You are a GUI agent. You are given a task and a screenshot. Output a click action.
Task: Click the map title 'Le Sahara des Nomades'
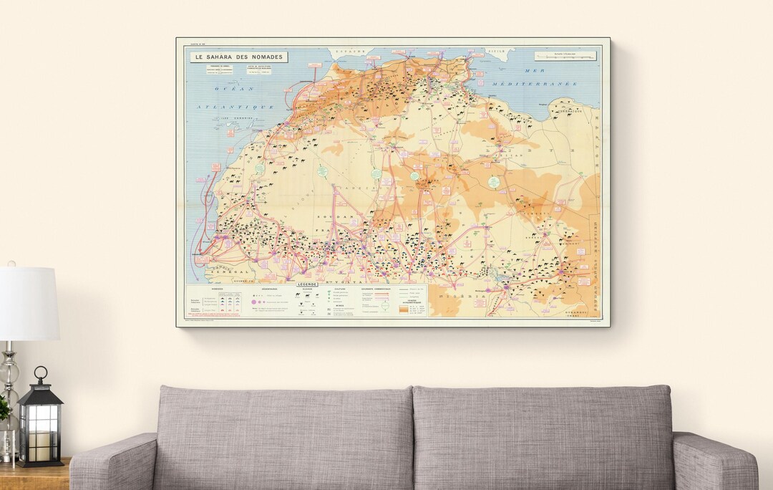coord(238,57)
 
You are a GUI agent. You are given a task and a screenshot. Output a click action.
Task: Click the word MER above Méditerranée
coord(535,71)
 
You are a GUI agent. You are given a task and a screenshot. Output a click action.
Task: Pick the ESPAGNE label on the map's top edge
coord(351,52)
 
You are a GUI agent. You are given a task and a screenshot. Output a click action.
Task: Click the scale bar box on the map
coord(565,55)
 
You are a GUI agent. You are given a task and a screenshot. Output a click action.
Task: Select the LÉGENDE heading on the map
coord(307,284)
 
